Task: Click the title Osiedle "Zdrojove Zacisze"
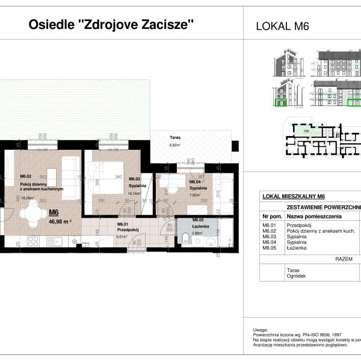112,25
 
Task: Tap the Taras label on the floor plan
175,137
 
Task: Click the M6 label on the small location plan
306,131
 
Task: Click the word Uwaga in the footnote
261,330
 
